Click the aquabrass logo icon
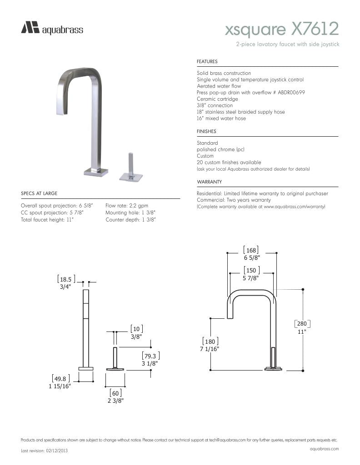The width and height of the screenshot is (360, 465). (x=30, y=28)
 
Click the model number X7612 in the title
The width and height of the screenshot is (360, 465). (x=315, y=30)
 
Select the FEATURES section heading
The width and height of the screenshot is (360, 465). (x=207, y=61)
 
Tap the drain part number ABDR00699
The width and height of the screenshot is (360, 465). (x=289, y=92)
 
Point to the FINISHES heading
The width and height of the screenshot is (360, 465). (x=206, y=131)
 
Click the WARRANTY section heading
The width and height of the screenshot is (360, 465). (x=209, y=182)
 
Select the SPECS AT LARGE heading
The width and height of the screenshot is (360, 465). (x=39, y=193)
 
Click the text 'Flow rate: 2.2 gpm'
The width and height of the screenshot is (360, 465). (x=127, y=206)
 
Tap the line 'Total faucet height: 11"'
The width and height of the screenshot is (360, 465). (x=47, y=219)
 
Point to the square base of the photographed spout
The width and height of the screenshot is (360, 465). (x=96, y=172)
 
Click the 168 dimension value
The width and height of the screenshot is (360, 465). (x=251, y=250)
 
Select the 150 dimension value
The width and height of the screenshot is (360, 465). (x=251, y=271)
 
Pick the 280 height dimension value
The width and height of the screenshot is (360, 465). (x=302, y=324)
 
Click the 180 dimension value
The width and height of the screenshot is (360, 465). (x=210, y=341)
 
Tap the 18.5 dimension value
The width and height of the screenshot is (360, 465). (x=66, y=279)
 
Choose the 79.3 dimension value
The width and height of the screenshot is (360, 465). (x=150, y=356)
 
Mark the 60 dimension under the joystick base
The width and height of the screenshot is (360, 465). (x=115, y=393)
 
